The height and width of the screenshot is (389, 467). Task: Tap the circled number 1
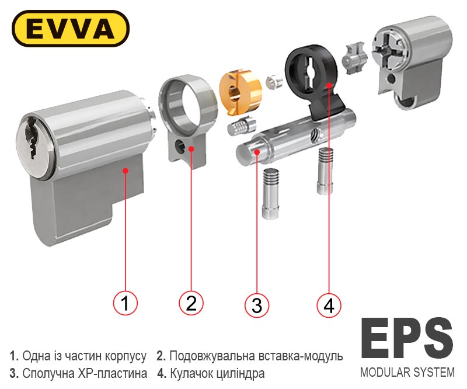[125, 303]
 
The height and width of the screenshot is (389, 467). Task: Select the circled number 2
[191, 303]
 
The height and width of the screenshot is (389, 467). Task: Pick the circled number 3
[257, 305]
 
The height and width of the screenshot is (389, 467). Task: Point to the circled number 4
[329, 305]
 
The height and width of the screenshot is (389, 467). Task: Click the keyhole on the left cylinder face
[32, 139]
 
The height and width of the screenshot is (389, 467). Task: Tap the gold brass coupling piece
[240, 91]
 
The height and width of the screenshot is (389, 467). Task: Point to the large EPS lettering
[407, 338]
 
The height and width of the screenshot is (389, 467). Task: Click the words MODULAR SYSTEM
[407, 372]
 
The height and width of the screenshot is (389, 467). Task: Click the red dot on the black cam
[329, 85]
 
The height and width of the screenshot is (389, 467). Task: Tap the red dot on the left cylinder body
[126, 171]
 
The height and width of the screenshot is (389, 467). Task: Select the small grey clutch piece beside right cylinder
[355, 58]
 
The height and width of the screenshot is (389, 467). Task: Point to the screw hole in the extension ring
[180, 146]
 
